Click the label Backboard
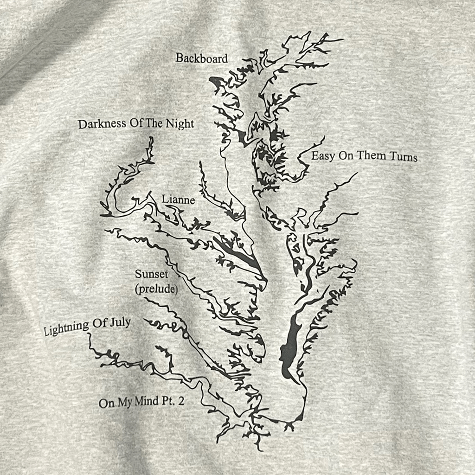click(202, 58)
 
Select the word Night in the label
click(180, 124)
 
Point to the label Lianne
click(178, 199)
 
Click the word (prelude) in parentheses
click(157, 289)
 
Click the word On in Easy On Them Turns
click(346, 156)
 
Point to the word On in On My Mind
click(106, 403)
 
